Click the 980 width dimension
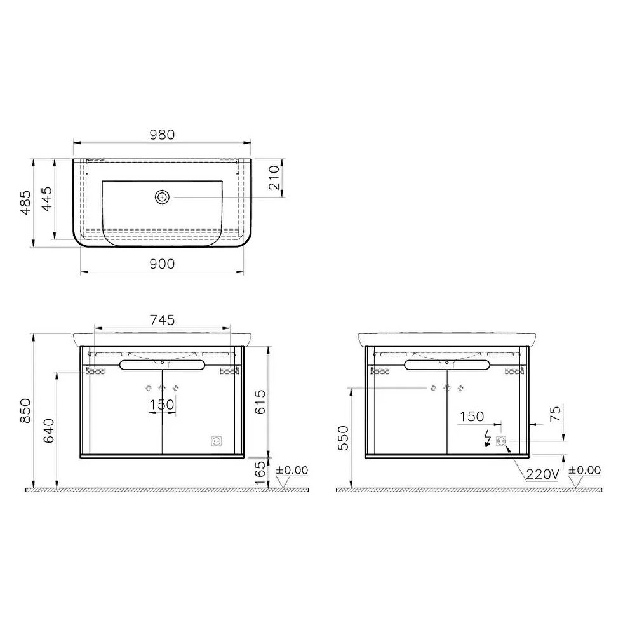162,135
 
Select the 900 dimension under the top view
162,264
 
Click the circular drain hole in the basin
162,198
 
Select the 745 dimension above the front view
162,319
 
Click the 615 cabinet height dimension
259,401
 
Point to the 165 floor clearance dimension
259,473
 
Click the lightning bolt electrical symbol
488,438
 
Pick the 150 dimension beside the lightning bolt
472,417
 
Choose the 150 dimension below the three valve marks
162,405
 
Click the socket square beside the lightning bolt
501,441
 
